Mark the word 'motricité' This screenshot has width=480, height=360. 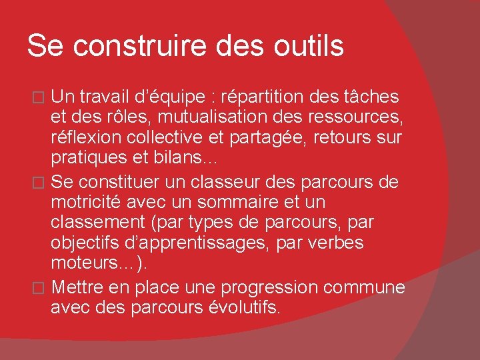coord(91,201)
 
